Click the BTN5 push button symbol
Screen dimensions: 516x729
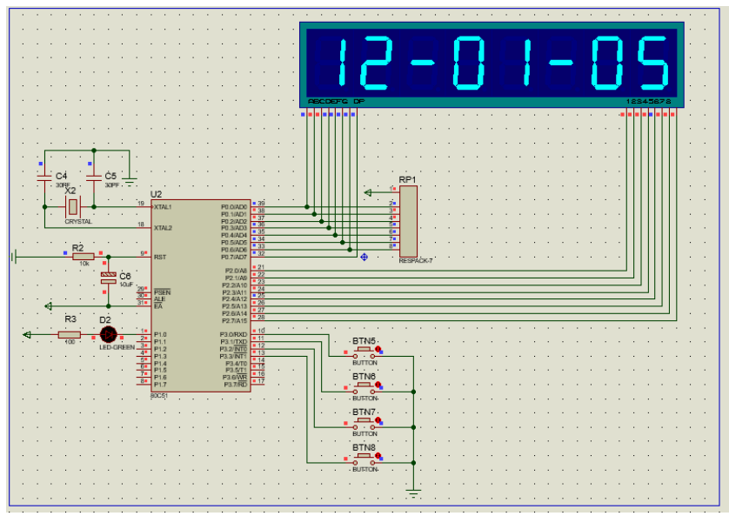coord(364,351)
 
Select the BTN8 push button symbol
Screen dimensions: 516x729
coord(364,459)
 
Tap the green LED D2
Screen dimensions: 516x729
coord(108,334)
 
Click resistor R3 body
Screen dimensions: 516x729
coord(70,334)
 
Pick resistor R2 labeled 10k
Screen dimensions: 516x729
coord(84,256)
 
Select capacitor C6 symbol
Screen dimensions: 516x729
coord(109,279)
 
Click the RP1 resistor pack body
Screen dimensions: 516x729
coord(408,221)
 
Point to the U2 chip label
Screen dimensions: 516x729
coord(156,194)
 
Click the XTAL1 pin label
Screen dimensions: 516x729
coord(163,207)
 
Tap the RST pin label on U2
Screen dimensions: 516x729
coord(159,257)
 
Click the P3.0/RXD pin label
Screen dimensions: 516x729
coord(234,334)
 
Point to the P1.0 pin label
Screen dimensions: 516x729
coord(160,334)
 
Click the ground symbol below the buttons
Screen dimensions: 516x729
coord(413,493)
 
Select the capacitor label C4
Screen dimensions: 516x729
coord(61,176)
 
